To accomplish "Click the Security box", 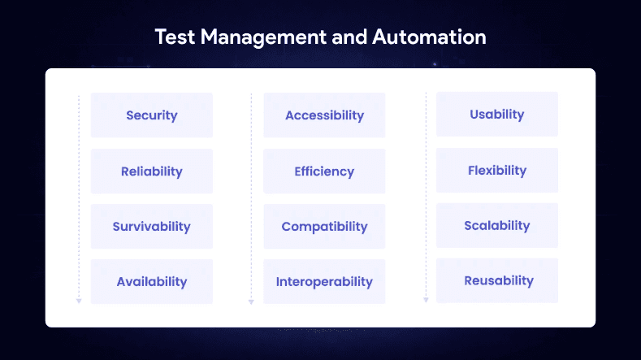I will point(152,115).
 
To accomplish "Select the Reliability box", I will point(152,171).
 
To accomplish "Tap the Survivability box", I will point(152,227).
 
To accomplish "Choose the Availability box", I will point(152,282).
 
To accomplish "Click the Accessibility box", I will point(324,115).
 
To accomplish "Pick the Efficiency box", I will point(324,171).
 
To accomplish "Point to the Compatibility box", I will point(324,227).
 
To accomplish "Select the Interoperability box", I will point(324,282).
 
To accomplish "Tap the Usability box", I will point(497,115).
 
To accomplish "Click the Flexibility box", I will point(497,171).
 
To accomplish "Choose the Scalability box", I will point(497,226).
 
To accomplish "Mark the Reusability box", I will point(497,281).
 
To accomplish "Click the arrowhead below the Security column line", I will point(79,301).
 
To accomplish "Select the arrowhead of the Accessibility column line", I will point(251,301).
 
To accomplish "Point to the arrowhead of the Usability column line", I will point(426,300).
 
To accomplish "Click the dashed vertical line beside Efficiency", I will point(251,171).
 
